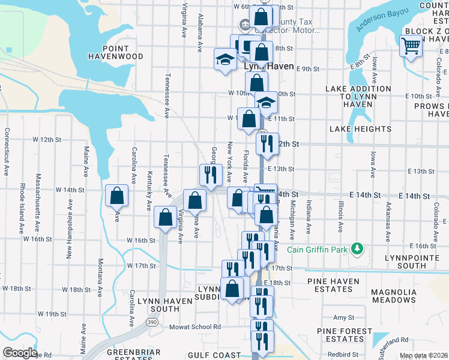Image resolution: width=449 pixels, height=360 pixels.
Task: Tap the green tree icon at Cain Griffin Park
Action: click(x=357, y=248)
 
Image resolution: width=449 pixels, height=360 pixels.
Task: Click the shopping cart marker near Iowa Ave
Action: click(x=411, y=46)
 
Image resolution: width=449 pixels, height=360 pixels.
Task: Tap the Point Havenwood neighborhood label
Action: click(x=123, y=52)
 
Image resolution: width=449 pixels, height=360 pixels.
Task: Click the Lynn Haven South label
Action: click(x=158, y=304)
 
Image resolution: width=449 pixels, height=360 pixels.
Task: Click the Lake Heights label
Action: click(x=360, y=129)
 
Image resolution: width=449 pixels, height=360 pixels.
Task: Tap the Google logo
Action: click(x=19, y=353)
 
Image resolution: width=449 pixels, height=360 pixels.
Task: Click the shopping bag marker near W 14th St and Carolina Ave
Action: click(x=116, y=196)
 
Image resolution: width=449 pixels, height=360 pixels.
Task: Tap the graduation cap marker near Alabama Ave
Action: click(x=225, y=59)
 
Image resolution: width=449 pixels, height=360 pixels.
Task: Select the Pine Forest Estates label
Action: click(x=345, y=335)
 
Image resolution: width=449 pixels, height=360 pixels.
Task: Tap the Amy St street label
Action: click(x=343, y=317)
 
